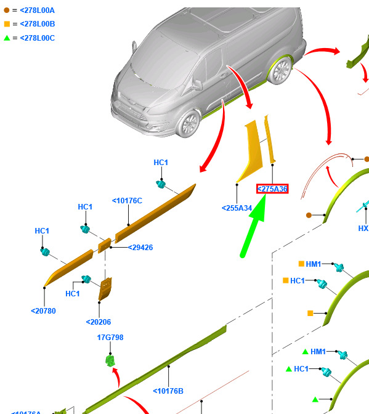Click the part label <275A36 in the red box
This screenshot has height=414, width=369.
[272, 189]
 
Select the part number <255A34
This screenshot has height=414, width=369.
[237, 208]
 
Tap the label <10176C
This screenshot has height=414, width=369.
[127, 201]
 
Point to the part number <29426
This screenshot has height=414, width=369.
[140, 248]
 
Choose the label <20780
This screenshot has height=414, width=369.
[43, 310]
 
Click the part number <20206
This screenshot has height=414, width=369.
[99, 322]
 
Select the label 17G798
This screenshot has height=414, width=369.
[110, 338]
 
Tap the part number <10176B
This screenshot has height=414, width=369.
[168, 391]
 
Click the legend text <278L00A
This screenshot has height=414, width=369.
[37, 10]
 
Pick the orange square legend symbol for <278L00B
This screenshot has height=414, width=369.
[7, 24]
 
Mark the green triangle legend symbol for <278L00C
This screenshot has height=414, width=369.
[7, 38]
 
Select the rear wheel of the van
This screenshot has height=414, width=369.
[280, 70]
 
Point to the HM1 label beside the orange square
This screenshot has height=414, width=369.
[314, 264]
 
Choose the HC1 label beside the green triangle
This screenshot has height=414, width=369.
[301, 369]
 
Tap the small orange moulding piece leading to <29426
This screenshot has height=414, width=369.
[105, 246]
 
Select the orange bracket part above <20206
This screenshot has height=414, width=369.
[105, 289]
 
